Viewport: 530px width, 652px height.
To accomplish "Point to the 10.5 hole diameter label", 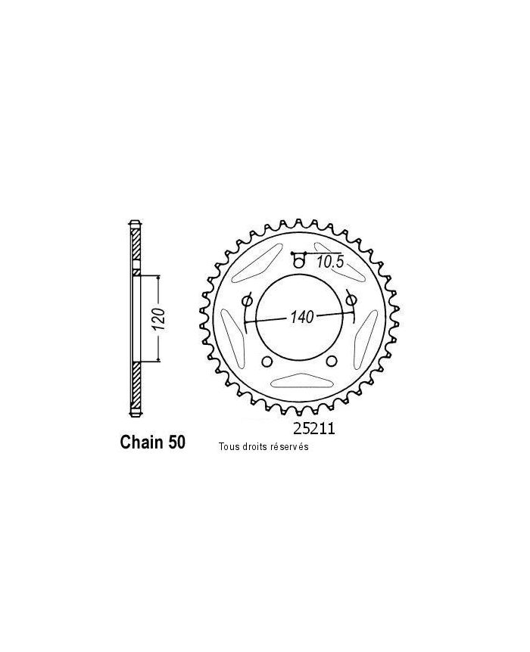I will coord(330,262).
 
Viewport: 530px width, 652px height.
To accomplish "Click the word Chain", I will coord(142,442).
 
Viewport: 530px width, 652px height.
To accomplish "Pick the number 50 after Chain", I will coord(175,442).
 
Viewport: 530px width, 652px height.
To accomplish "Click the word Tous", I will coord(228,447).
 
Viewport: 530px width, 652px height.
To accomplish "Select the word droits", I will coord(256,447).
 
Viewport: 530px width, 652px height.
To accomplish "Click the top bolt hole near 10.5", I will coord(299,263).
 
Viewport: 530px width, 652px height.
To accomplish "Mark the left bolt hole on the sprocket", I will coord(247,301).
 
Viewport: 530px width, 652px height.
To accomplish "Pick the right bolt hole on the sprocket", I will coord(351,301).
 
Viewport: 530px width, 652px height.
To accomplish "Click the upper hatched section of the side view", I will coord(135,246).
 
